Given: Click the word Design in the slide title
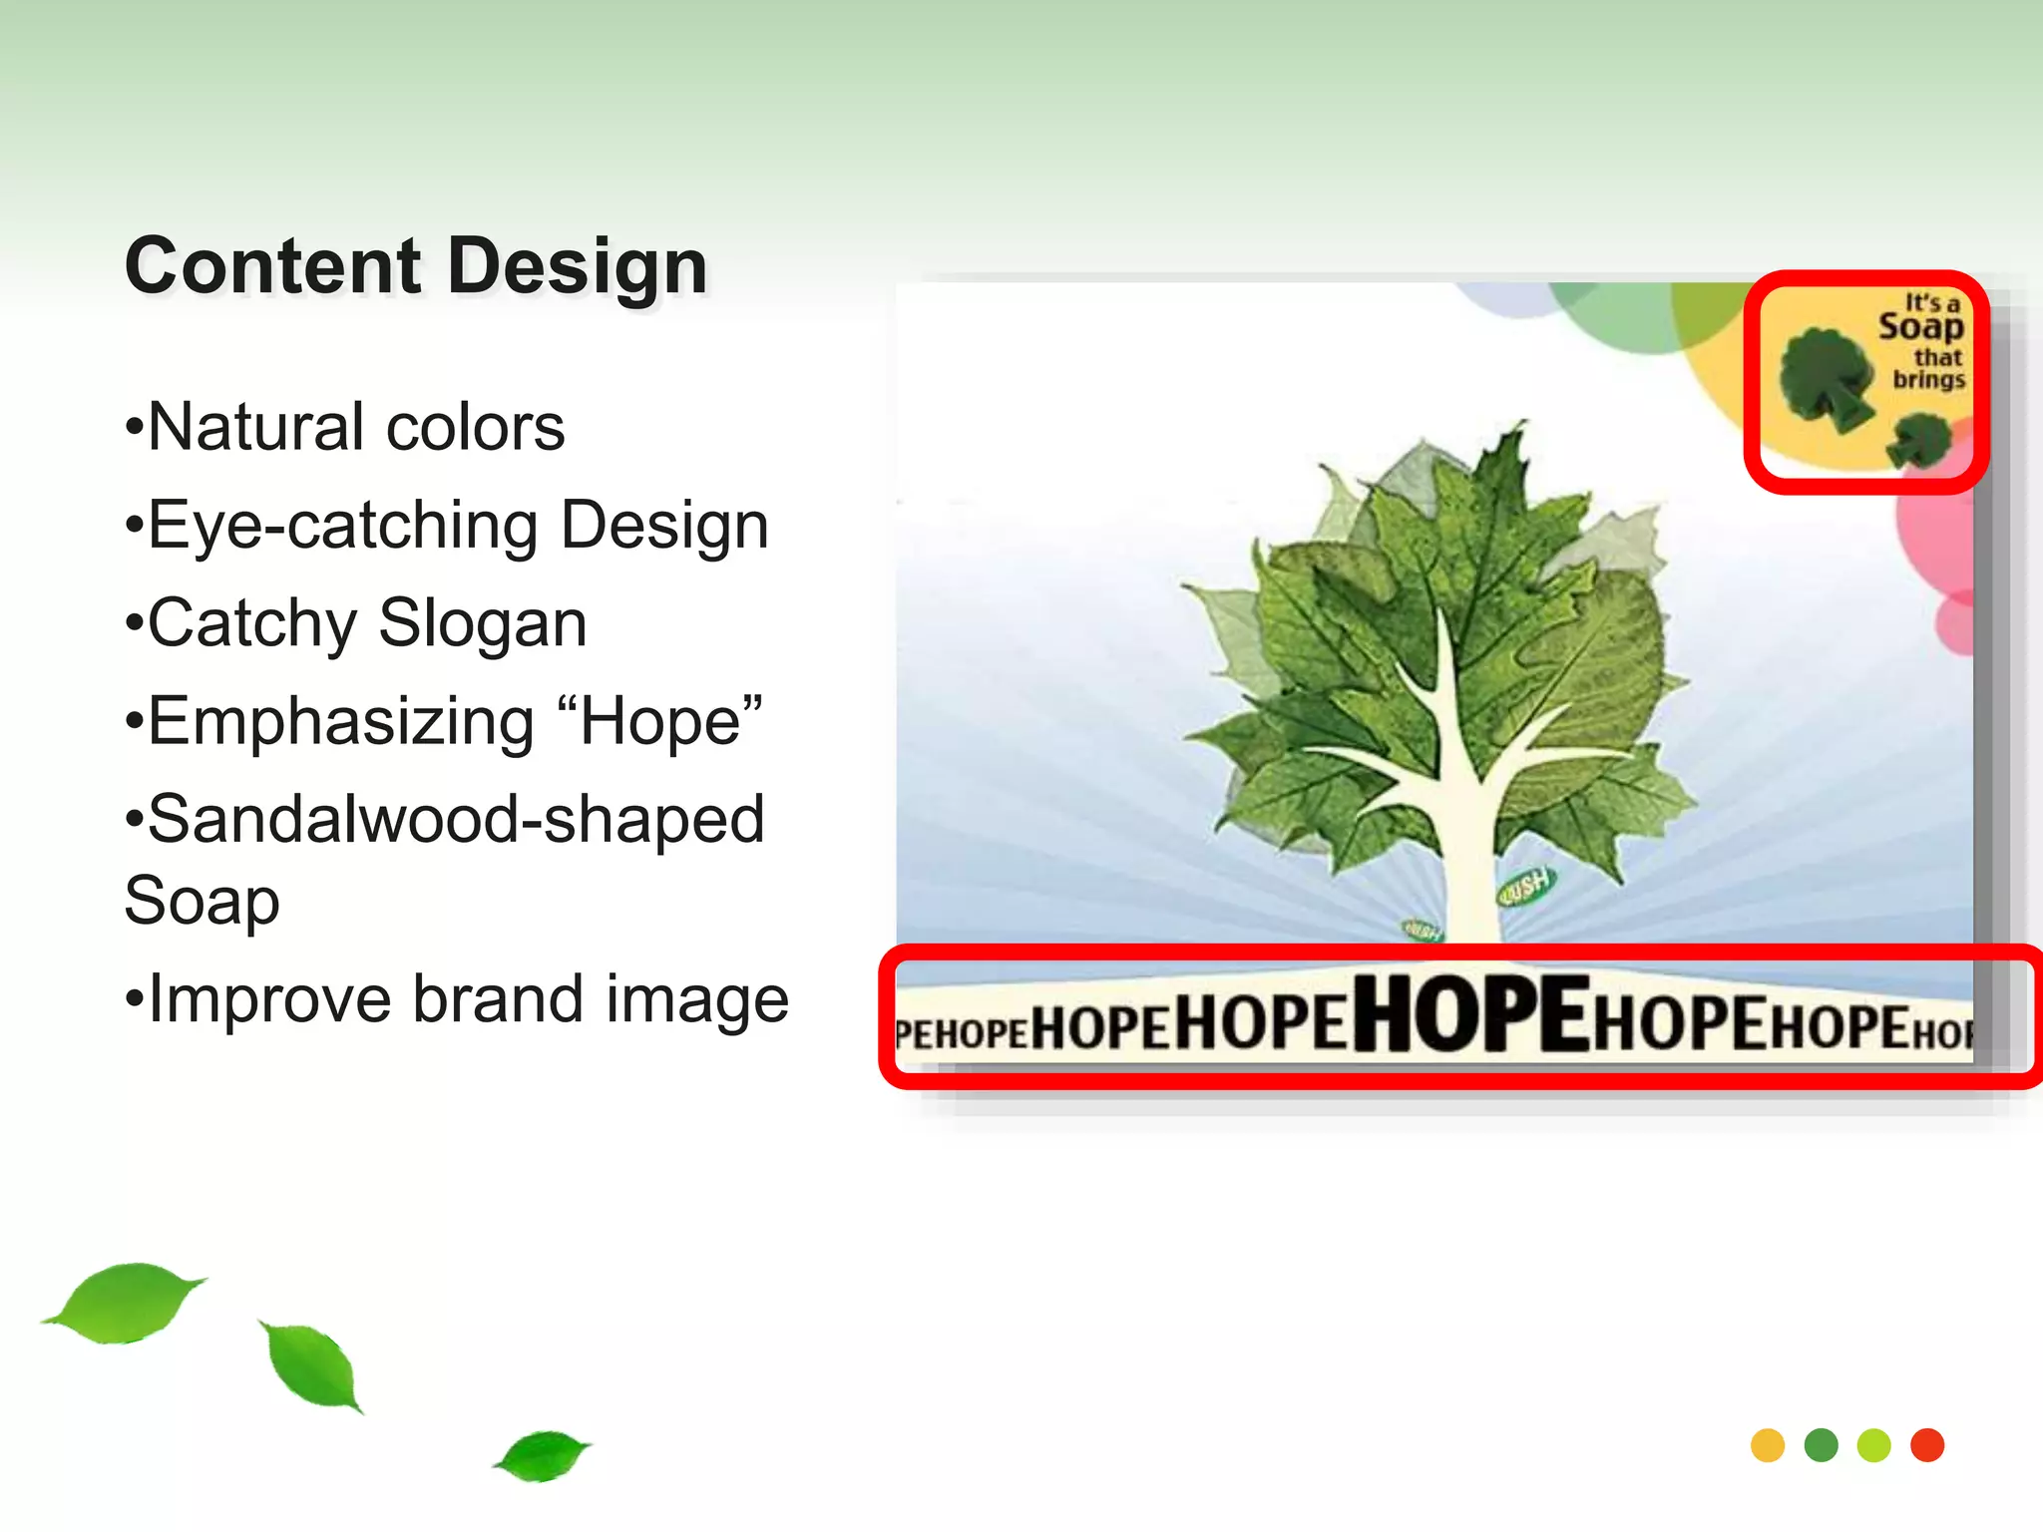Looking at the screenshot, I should pyautogui.click(x=578, y=266).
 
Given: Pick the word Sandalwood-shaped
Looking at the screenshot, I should pyautogui.click(x=455, y=819).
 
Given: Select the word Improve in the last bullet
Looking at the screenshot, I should pyautogui.click(x=268, y=998).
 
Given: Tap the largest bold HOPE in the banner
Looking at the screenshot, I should pyautogui.click(x=1470, y=1014).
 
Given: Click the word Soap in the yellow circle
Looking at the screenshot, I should pyautogui.click(x=1920, y=327).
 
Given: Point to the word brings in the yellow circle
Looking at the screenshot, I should pyautogui.click(x=1928, y=380).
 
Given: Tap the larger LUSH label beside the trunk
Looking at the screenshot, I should pyautogui.click(x=1525, y=884).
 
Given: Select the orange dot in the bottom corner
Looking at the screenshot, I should pyautogui.click(x=1768, y=1445).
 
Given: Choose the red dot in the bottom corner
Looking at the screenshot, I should pyautogui.click(x=1927, y=1445).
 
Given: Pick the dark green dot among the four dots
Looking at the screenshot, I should pyautogui.click(x=1822, y=1445).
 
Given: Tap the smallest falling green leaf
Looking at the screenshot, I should pyautogui.click(x=543, y=1455).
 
